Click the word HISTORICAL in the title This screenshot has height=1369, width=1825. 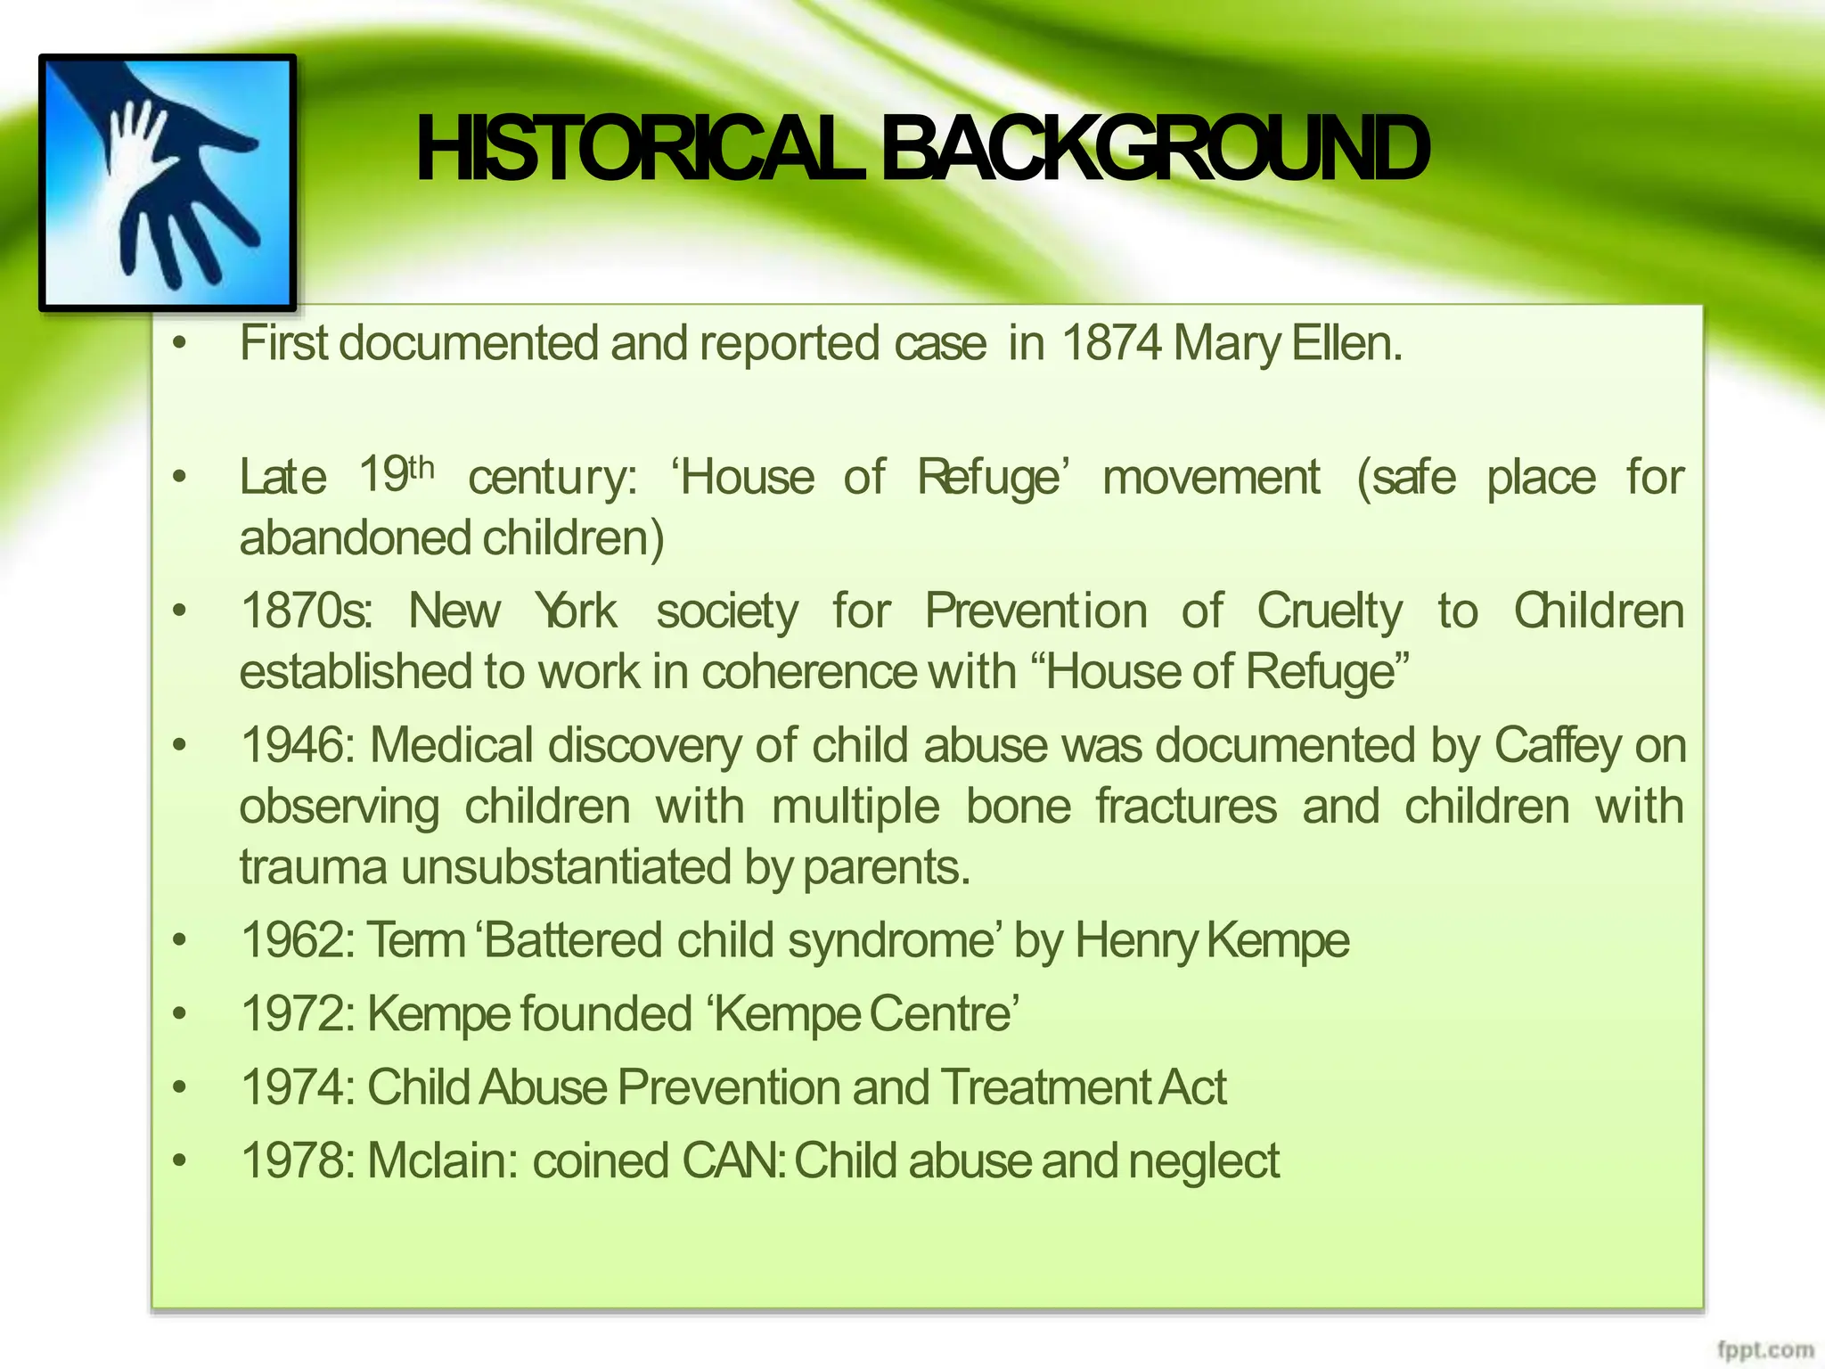tap(638, 150)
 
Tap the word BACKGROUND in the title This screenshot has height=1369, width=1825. tap(1155, 150)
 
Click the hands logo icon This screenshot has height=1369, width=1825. tap(168, 183)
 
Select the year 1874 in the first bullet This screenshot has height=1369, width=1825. tap(1111, 343)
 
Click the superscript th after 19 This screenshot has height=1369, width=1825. tap(421, 467)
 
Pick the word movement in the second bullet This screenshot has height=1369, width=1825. tap(1211, 477)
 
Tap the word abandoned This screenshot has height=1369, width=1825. tap(355, 538)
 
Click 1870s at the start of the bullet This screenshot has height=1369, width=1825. tap(305, 611)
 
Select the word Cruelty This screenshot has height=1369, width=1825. tap(1330, 611)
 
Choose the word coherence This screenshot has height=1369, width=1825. tap(808, 672)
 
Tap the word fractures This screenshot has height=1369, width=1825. tap(1186, 807)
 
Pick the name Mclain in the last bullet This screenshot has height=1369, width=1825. tap(437, 1161)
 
